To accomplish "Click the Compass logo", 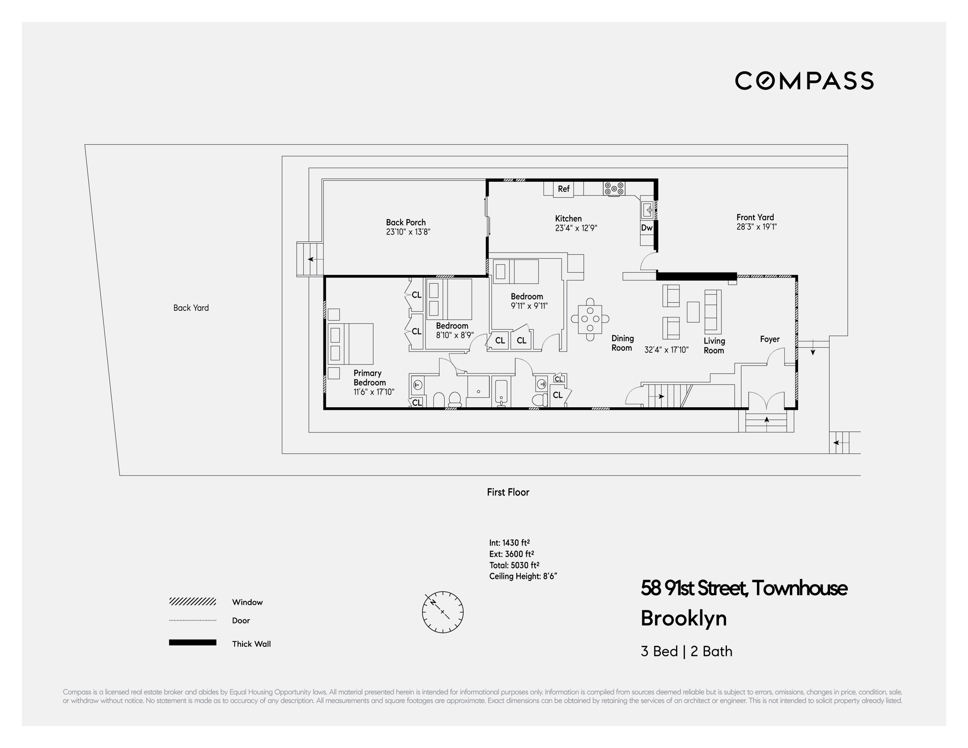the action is [x=804, y=81].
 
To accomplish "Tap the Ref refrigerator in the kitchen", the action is [x=563, y=189].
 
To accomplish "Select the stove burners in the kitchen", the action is [x=614, y=189].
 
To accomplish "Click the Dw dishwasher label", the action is [x=647, y=228].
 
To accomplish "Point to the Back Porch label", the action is [x=406, y=223].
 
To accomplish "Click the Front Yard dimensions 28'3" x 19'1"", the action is [x=757, y=227].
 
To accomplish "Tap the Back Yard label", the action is [x=191, y=308].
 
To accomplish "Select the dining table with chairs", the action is [x=590, y=319].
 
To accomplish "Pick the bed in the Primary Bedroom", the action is [x=351, y=344].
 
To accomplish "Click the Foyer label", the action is [x=770, y=340].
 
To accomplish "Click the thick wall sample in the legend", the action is [x=192, y=643].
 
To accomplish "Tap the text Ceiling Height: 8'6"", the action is [x=523, y=576].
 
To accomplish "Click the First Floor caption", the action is [x=508, y=492].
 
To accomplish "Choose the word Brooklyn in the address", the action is [x=684, y=618].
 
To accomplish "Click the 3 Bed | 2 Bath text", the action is [x=686, y=651].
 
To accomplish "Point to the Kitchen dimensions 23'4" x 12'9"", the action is [x=576, y=228].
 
